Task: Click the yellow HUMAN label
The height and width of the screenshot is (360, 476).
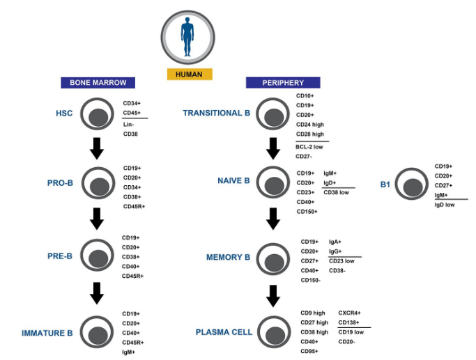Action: (x=190, y=75)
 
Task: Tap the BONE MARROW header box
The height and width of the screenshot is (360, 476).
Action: (x=98, y=82)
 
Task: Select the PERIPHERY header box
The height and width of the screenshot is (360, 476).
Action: (x=283, y=83)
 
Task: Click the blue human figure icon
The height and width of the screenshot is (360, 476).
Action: (x=187, y=37)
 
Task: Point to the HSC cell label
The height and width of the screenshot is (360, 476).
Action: (x=64, y=113)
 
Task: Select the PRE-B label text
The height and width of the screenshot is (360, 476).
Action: (x=59, y=256)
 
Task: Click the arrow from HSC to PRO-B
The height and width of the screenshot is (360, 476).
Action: (x=98, y=148)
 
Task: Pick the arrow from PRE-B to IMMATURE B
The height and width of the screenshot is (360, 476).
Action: (x=98, y=293)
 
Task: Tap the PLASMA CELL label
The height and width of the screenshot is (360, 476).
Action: (x=223, y=333)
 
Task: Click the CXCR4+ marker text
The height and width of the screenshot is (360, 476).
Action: (x=350, y=313)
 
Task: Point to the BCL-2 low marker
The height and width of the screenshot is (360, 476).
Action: (x=309, y=147)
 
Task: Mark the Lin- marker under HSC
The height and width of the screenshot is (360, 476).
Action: (x=129, y=124)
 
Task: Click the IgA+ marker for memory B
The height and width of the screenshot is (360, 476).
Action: (x=335, y=242)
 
